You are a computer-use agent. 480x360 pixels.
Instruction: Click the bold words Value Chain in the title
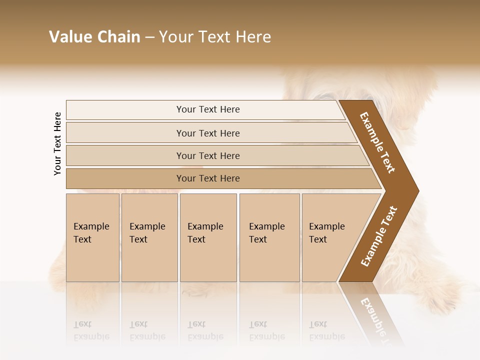pos(94,37)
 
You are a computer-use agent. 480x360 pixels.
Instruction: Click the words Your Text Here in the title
pos(215,37)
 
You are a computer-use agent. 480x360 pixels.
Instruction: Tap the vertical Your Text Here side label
pos(58,143)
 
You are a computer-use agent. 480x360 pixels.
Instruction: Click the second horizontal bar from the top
pos(207,133)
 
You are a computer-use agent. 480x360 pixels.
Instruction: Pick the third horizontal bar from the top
pos(207,155)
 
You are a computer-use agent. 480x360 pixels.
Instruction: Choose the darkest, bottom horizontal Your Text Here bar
pos(207,178)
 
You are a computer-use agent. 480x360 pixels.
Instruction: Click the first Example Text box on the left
pos(92,237)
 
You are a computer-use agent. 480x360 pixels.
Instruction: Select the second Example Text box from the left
pos(149,237)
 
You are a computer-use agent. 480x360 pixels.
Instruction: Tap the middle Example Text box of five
pos(208,237)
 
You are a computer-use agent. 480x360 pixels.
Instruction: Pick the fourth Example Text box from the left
pos(269,237)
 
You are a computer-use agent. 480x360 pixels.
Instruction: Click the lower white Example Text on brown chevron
pos(379,236)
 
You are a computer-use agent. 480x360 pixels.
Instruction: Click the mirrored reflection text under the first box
pos(91,330)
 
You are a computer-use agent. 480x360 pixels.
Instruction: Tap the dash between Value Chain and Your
pos(149,37)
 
